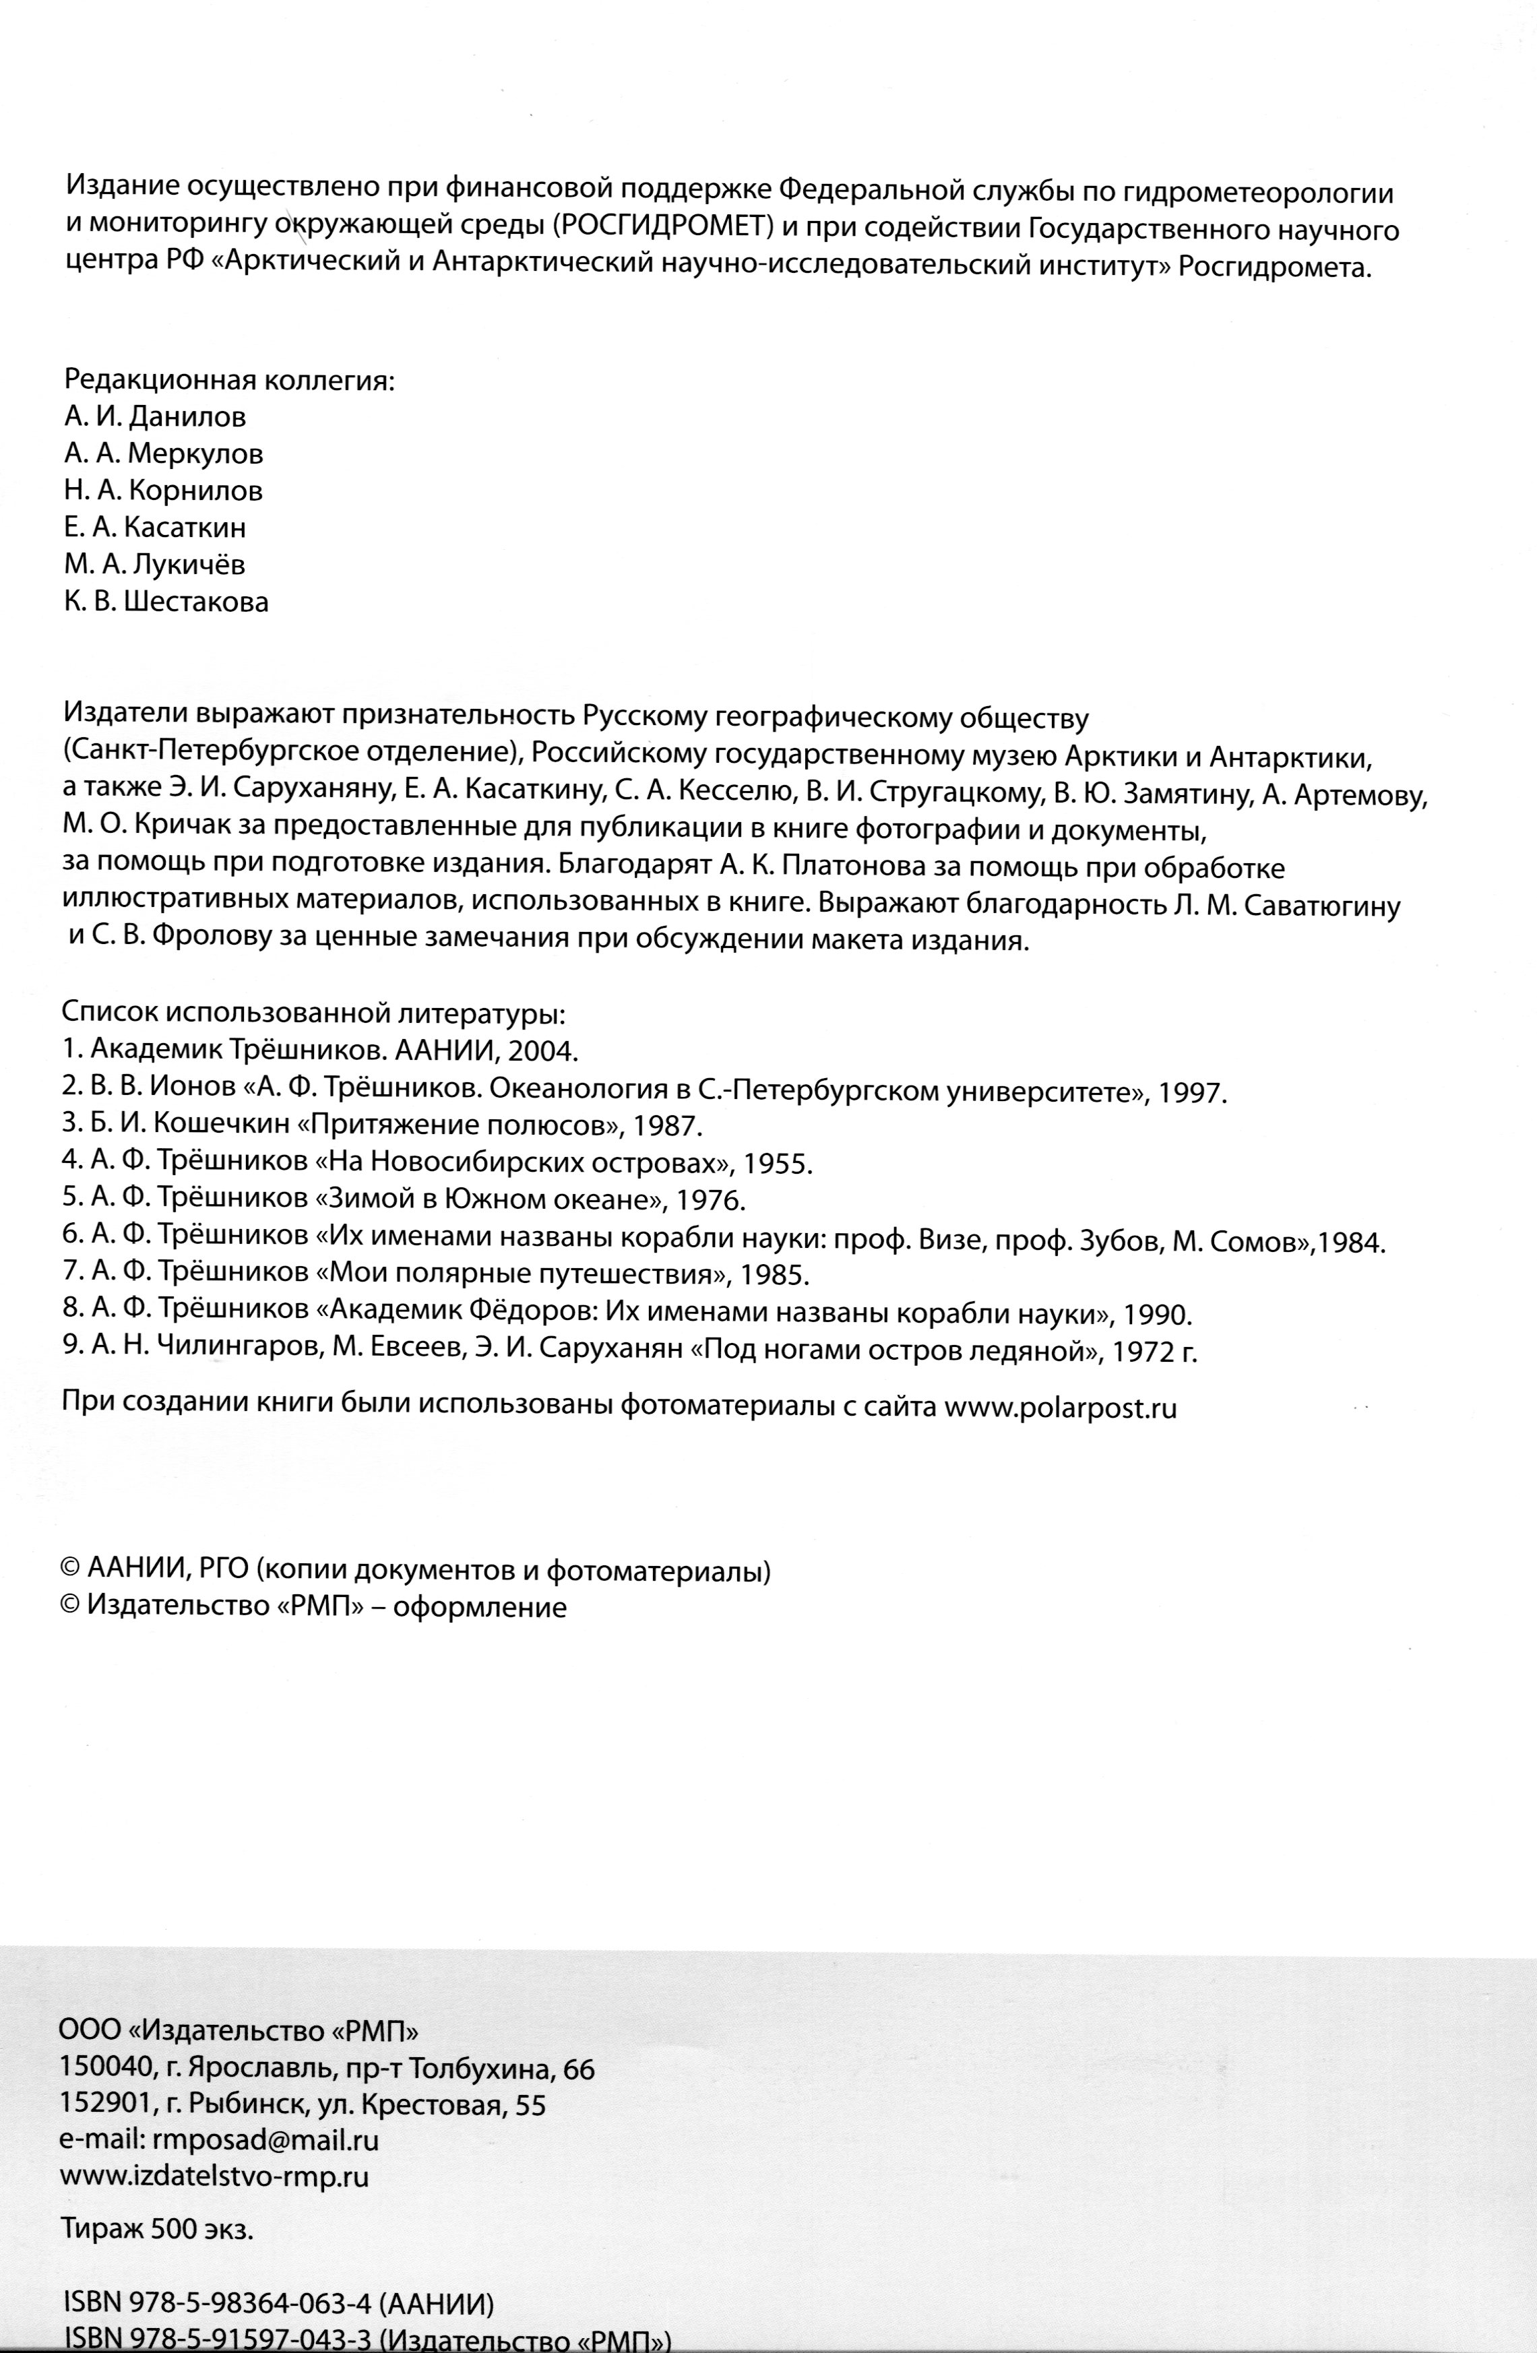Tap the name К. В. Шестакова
(166, 602)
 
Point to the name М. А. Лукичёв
(154, 565)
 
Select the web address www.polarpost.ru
(1061, 1408)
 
